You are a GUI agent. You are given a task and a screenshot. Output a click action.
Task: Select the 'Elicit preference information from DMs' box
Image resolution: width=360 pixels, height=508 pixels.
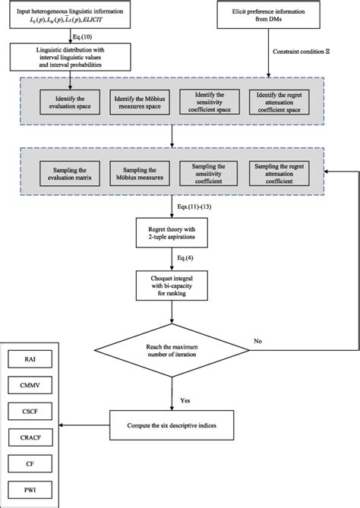tap(273, 14)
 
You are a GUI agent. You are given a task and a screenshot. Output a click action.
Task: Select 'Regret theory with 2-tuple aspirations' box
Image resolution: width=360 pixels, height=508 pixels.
tap(172, 232)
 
